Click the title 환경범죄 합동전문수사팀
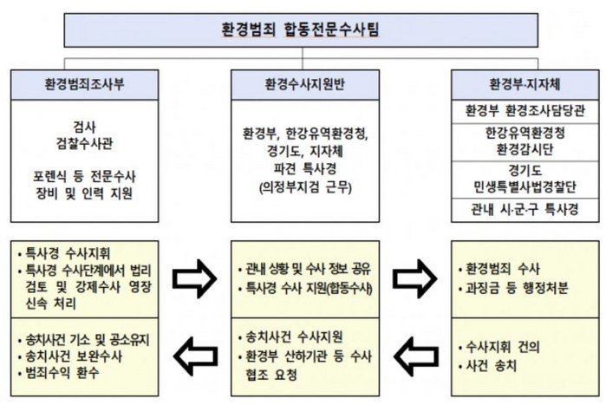point(301,29)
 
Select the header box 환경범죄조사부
point(84,85)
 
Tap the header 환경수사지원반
point(305,85)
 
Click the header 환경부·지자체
point(525,85)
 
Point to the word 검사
point(84,127)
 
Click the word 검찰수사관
point(84,144)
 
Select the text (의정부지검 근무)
point(305,187)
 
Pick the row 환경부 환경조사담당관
point(525,111)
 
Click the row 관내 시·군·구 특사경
point(525,210)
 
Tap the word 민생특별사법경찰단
point(525,187)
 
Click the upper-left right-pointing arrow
point(194,278)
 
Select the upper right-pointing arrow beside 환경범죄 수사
point(414,278)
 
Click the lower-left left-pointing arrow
point(196,356)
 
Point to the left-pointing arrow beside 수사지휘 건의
point(416,356)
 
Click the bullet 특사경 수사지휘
point(64,253)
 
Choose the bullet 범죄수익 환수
point(59,373)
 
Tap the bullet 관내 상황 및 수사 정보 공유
point(304,269)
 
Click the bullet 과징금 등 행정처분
point(513,288)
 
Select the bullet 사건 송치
point(487,366)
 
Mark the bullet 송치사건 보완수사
point(70,356)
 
